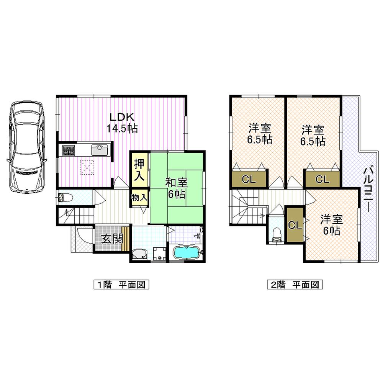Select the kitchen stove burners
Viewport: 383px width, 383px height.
coord(69,150)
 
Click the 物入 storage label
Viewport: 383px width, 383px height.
coord(139,198)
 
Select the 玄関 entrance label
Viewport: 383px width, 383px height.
coord(112,239)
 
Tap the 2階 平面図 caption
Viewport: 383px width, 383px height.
coord(295,285)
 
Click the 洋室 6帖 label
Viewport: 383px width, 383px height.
coord(331,225)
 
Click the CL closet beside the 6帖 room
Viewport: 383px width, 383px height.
coord(295,225)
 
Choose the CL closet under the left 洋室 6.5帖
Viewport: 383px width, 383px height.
coord(249,179)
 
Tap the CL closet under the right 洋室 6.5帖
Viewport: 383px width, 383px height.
coord(322,179)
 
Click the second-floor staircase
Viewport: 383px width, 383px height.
coord(245,209)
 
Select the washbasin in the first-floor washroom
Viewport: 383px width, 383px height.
coord(139,254)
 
